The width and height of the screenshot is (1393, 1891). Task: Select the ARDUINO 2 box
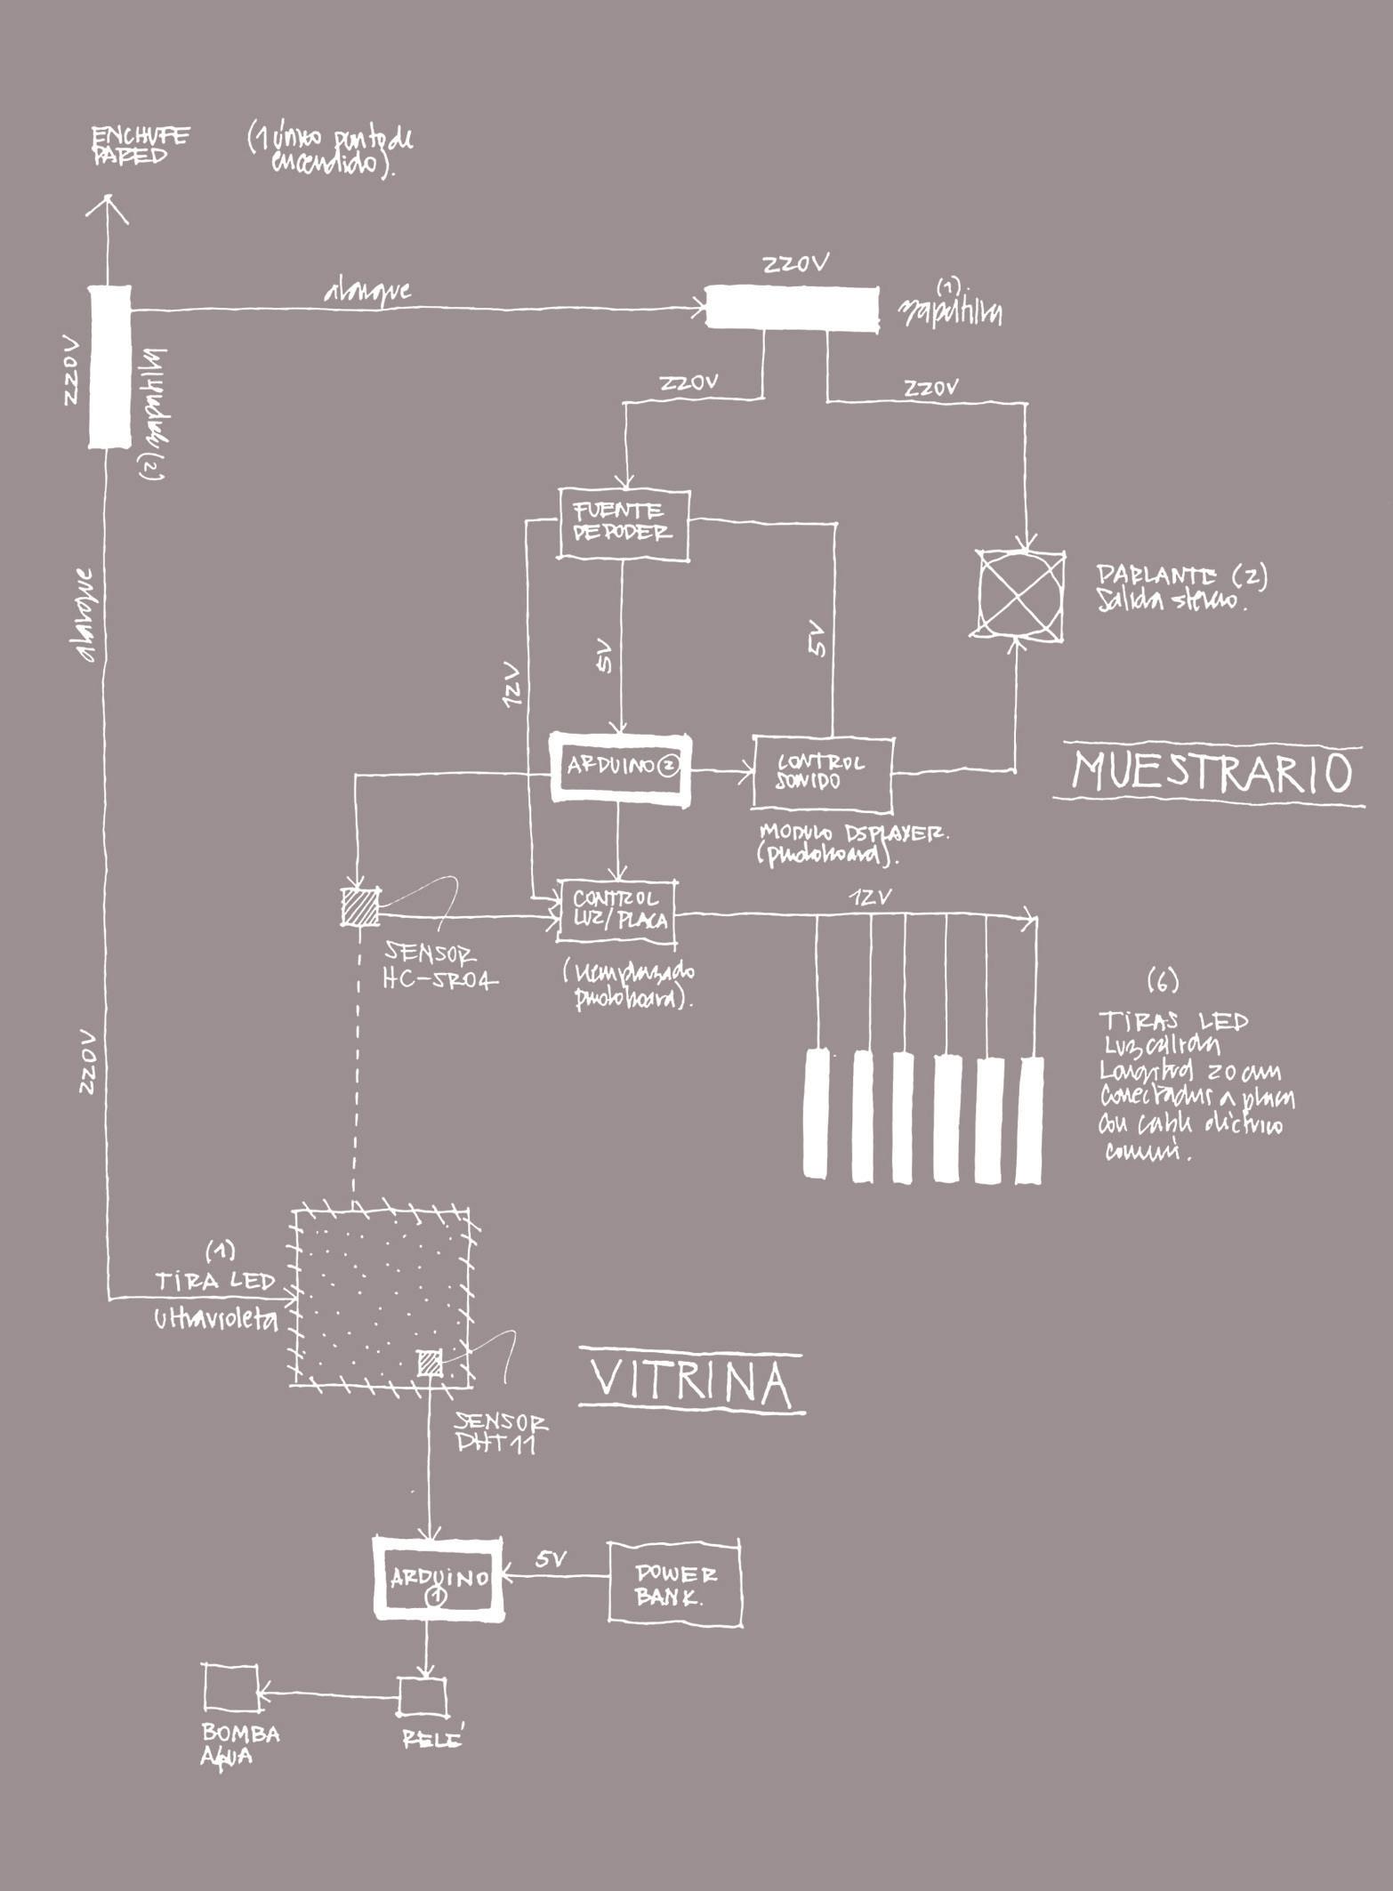coord(620,768)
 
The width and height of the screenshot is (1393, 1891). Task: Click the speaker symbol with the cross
coord(1019,593)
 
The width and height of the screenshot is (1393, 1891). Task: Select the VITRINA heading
coord(691,1380)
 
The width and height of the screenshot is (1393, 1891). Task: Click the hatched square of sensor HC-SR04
coord(360,906)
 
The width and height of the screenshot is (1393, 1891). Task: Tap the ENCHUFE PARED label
coord(140,146)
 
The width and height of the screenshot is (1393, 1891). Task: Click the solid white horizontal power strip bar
coord(792,309)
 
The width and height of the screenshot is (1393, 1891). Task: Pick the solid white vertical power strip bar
coord(109,366)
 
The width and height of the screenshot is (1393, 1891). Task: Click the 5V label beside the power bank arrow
coord(552,1558)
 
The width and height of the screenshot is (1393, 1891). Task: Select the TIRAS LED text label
coord(1173,1020)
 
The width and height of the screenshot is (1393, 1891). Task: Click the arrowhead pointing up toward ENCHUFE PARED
coord(108,209)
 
